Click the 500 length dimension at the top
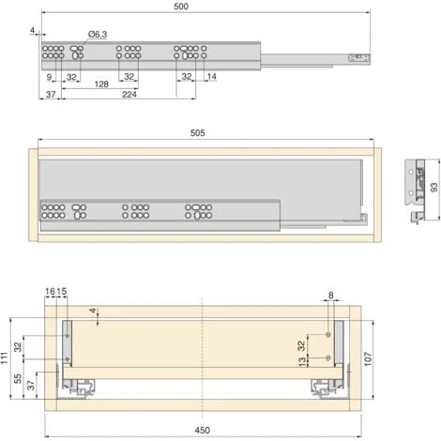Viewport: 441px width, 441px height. click(181, 7)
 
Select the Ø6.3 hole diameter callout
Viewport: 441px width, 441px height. click(98, 35)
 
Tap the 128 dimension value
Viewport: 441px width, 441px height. click(101, 84)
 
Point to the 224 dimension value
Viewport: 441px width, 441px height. click(129, 95)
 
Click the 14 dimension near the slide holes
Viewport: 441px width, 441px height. click(212, 77)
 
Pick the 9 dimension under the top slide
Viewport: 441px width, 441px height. click(49, 77)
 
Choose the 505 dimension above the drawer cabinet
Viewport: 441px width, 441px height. click(198, 133)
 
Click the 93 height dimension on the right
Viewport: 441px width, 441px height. click(434, 188)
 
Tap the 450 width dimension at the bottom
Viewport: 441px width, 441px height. click(203, 431)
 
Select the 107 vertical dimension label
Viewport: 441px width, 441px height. click(368, 358)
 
